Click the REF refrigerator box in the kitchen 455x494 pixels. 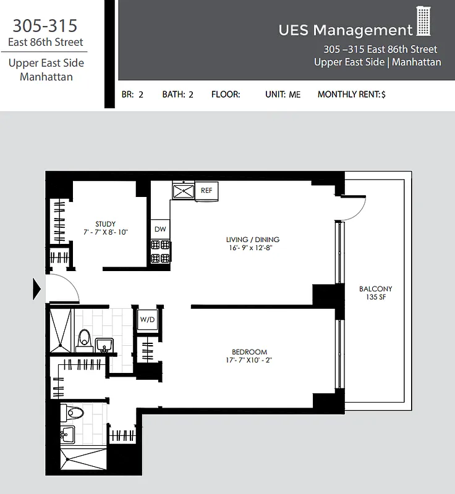[x=206, y=191]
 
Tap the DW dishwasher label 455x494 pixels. [x=159, y=229]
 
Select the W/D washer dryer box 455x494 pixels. [x=147, y=319]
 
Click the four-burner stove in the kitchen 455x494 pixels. [x=159, y=253]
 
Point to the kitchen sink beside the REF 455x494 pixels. [x=183, y=191]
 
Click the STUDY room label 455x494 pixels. [x=105, y=224]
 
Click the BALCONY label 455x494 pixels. [x=375, y=289]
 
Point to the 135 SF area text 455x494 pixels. [x=375, y=298]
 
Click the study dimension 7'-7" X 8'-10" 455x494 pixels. [x=105, y=232]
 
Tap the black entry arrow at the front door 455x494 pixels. [x=36, y=288]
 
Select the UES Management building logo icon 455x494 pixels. [x=423, y=22]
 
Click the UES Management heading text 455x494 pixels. [x=345, y=30]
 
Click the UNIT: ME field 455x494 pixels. [x=283, y=94]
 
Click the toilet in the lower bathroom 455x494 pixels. [x=74, y=412]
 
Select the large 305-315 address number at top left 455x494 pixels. [x=45, y=25]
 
